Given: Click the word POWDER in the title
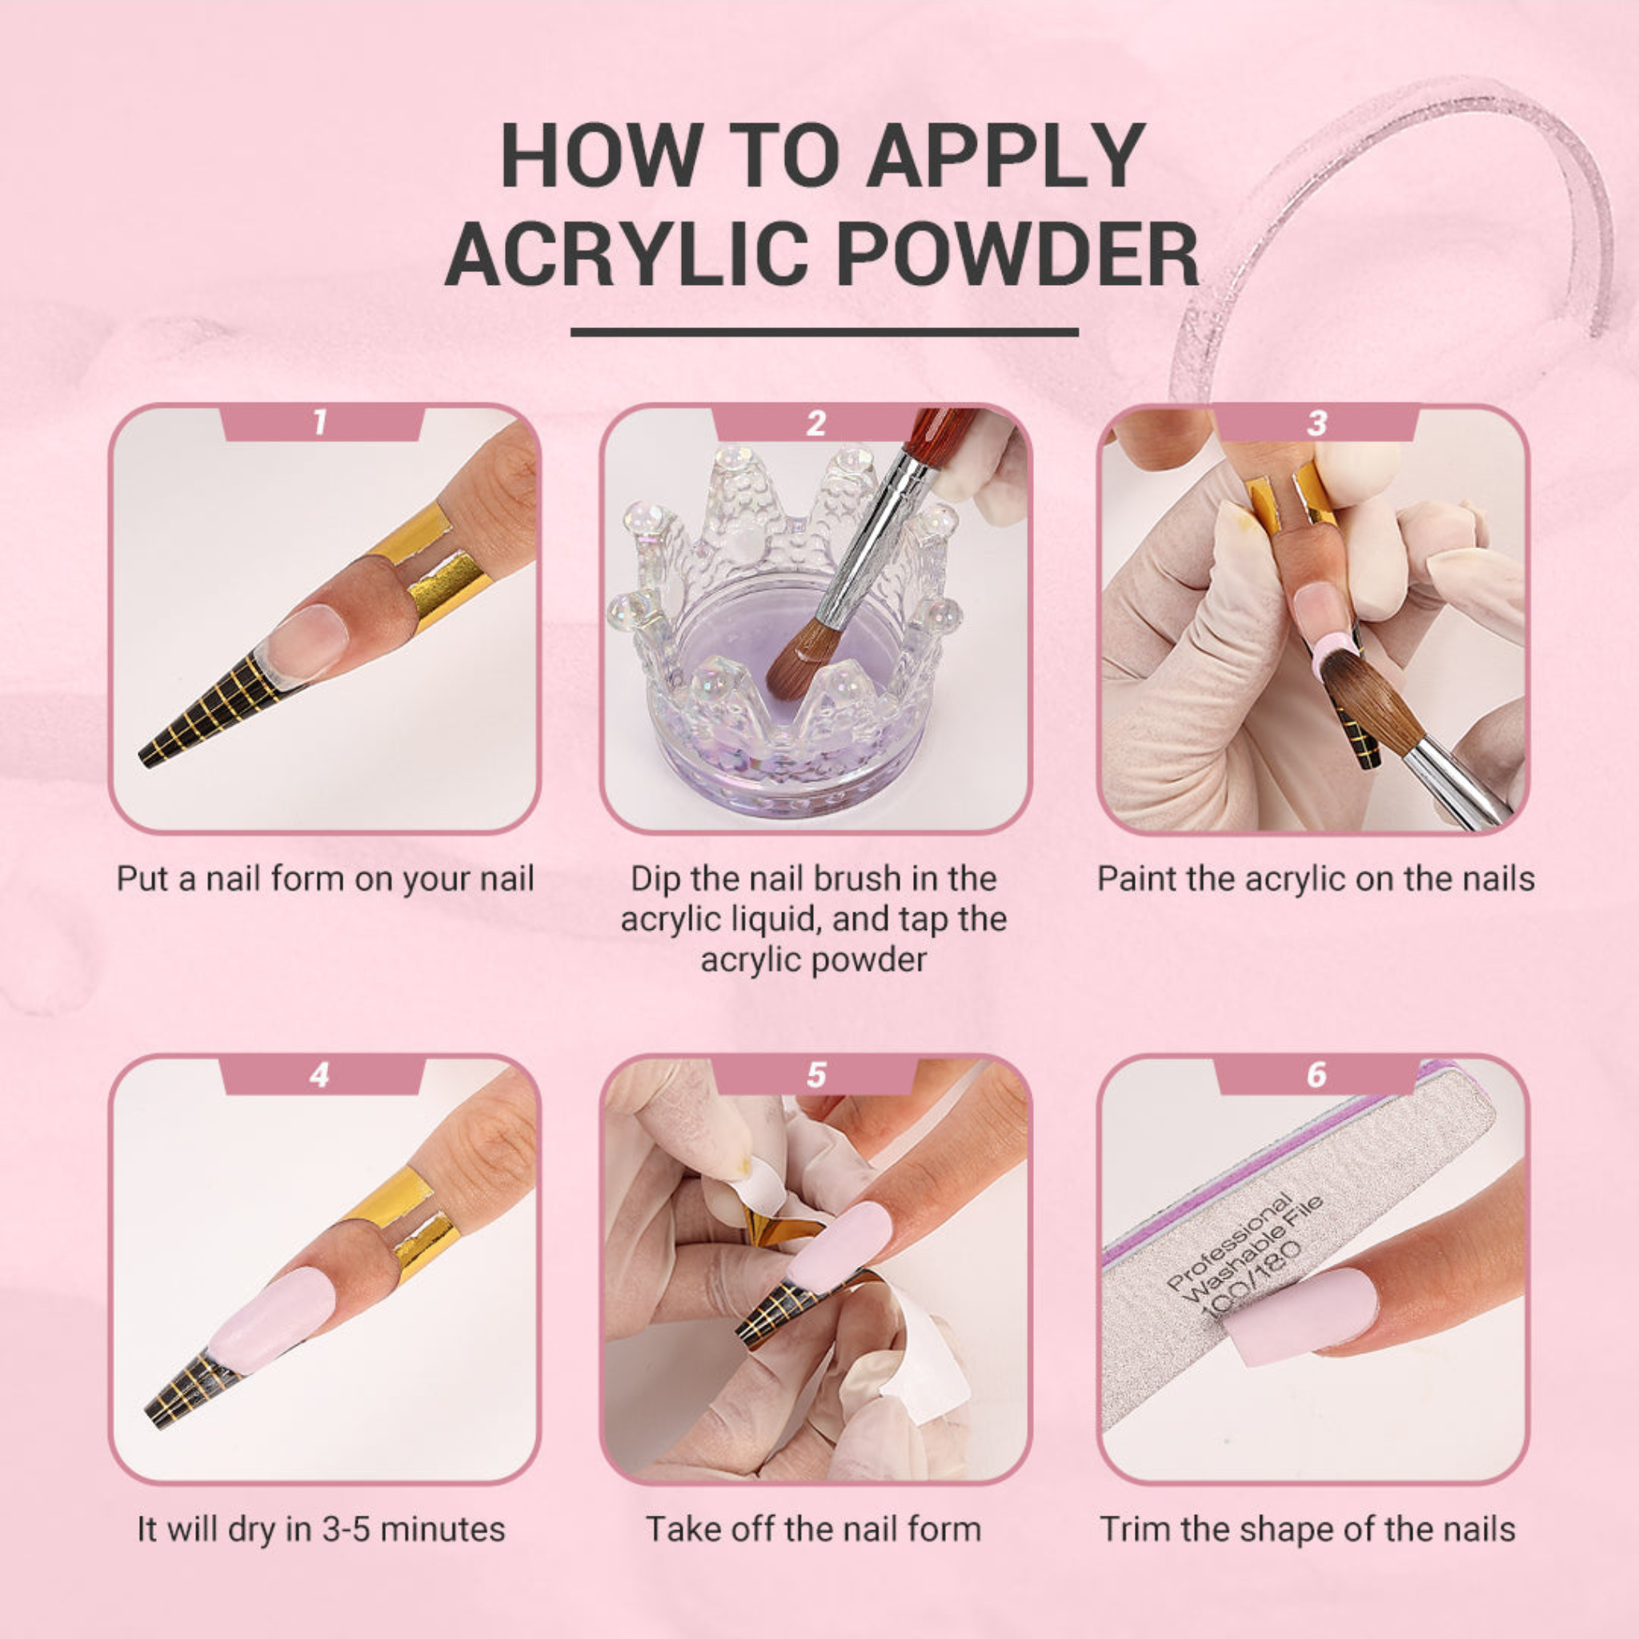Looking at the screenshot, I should (1017, 254).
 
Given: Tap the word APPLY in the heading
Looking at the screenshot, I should (1004, 155).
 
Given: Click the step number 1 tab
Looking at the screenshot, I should (320, 422).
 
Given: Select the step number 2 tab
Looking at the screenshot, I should (815, 422).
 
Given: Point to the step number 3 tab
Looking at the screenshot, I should (1316, 422).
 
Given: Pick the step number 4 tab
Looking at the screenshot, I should (320, 1075).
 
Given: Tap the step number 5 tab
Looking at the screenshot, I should (815, 1075).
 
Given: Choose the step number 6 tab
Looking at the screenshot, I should (1316, 1075).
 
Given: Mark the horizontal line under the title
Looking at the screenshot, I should (824, 333).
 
